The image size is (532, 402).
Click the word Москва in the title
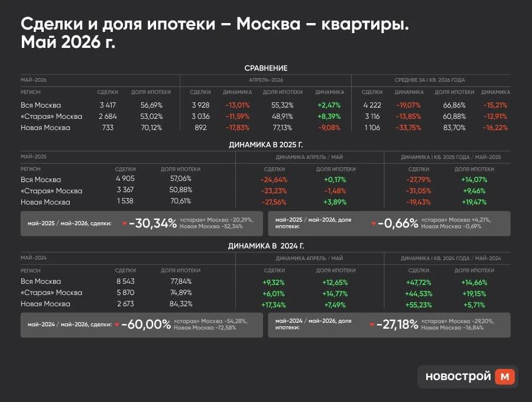[x=268, y=24]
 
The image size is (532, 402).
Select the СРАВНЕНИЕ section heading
[x=266, y=68]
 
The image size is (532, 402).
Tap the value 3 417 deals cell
[x=108, y=105]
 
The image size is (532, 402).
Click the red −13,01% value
[x=238, y=105]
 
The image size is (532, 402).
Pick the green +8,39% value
[x=329, y=116]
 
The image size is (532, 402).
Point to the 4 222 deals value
[x=372, y=105]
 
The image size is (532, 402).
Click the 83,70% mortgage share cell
[x=455, y=128]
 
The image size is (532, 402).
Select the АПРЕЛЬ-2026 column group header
[x=265, y=80]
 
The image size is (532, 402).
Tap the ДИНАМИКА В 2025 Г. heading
[x=266, y=145]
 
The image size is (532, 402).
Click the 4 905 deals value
[x=125, y=179]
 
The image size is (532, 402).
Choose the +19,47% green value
[x=474, y=202]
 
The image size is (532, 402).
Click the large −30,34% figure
[x=153, y=223]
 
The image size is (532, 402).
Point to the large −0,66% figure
[x=398, y=223]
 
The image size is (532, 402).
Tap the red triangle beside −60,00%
[x=117, y=325]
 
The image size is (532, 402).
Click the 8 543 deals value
[x=125, y=281]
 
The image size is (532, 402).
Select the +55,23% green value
[x=419, y=305]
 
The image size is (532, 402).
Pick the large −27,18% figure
[x=397, y=325]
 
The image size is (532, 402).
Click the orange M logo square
[x=505, y=377]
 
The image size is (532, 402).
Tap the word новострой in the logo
[x=458, y=376]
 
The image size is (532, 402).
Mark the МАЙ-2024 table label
[x=34, y=258]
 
